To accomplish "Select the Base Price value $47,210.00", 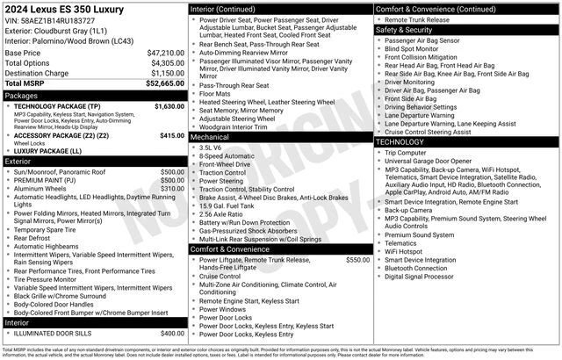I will point(164,53).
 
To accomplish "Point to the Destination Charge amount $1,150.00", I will point(166,73).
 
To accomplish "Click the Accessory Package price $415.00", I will point(171,135).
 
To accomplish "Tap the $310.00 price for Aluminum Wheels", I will point(172,188).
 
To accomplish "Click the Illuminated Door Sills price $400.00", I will point(172,333).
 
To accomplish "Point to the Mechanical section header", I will point(210,137).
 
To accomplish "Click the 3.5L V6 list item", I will point(211,148).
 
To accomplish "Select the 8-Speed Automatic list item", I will point(227,155).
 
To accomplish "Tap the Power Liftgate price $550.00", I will point(357,260).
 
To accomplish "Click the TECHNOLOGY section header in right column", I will point(400,141).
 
